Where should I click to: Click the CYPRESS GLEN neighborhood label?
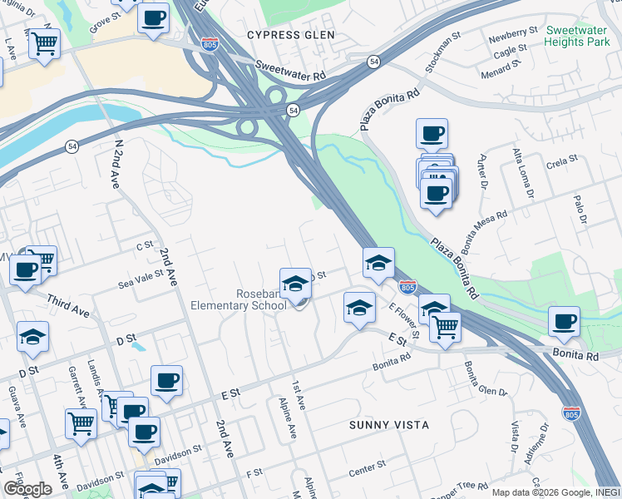coord(291,35)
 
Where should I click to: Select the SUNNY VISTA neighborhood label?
coord(389,425)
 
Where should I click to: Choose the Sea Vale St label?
coord(141,280)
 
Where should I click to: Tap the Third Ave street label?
coord(68,305)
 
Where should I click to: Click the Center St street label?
coord(367,469)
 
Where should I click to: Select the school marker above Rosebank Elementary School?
coord(295,284)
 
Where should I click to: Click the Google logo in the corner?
coord(27,489)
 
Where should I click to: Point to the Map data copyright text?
coord(554,492)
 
